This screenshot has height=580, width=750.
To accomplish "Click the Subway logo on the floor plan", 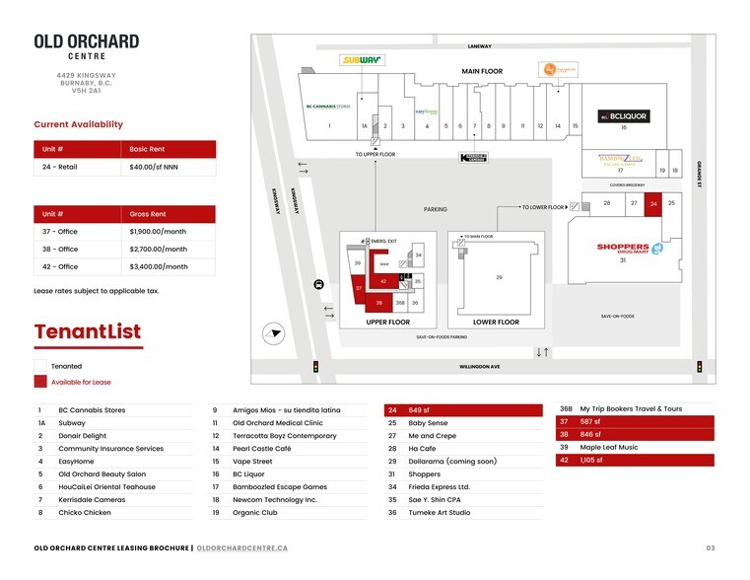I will coord(362,60).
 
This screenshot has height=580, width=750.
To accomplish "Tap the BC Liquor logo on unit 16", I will coord(624,116).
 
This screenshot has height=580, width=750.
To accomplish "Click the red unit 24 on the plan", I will coord(653,203).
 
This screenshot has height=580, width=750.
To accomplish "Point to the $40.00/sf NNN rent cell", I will coord(170,167).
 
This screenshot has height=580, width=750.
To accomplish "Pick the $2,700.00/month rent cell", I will coord(170,250).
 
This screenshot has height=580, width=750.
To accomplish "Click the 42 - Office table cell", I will coord(78,266).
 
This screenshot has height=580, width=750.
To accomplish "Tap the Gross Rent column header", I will coord(170,213).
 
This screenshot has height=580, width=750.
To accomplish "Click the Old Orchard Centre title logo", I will coord(87,45).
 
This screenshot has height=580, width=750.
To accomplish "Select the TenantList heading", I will coord(88,331).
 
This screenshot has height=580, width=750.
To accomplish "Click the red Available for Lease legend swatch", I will coord(39,382).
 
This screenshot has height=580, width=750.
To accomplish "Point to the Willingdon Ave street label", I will coord(480,367).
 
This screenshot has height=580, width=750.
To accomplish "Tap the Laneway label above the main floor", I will coord(479,46).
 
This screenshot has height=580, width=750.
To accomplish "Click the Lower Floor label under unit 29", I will coord(496,322).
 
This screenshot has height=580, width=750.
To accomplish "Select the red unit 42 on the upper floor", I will coord(384,282).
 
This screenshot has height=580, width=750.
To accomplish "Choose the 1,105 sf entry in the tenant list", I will coord(590,460).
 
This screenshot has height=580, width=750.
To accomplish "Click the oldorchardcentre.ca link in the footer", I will coord(241,547).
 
